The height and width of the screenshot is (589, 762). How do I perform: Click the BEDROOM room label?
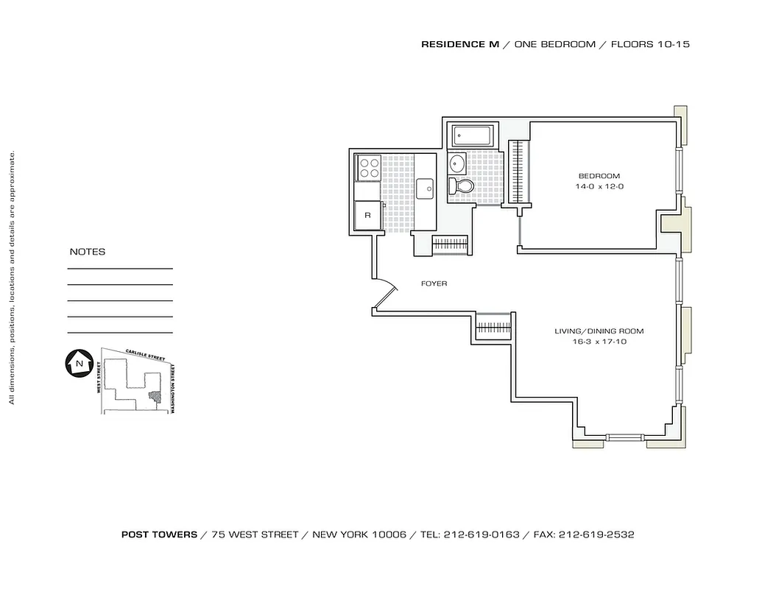click(x=599, y=176)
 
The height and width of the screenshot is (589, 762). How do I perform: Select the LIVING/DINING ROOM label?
click(x=594, y=331)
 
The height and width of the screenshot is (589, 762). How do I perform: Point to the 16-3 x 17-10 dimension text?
click(x=594, y=342)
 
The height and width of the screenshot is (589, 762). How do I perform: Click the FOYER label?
click(x=434, y=283)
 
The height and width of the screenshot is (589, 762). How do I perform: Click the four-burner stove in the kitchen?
click(x=368, y=167)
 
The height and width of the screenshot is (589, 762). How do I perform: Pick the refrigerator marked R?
click(x=367, y=216)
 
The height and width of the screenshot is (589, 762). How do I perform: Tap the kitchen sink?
click(x=426, y=188)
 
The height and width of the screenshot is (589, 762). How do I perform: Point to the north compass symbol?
click(x=77, y=364)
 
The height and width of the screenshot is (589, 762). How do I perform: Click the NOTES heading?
click(x=87, y=252)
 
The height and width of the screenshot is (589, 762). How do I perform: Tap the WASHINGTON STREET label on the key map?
click(x=172, y=389)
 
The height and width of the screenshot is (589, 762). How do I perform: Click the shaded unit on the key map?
click(x=155, y=395)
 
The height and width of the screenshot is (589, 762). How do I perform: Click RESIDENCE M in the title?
click(x=459, y=44)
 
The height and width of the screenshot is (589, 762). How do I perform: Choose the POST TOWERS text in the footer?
click(x=159, y=535)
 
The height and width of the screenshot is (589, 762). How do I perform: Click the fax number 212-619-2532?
click(x=596, y=535)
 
